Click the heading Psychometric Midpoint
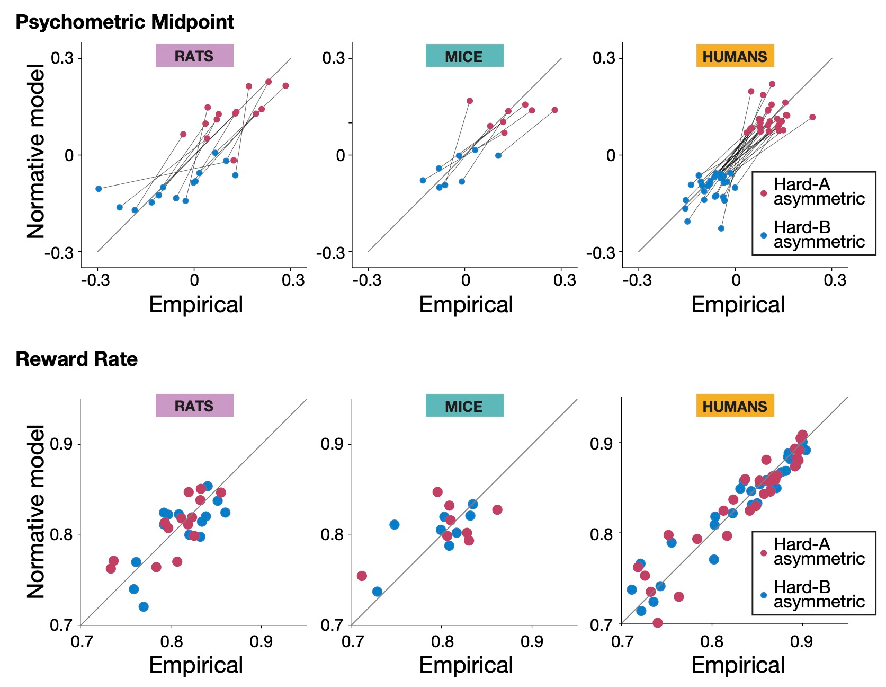(124, 22)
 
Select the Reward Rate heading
(77, 359)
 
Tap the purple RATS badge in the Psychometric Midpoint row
(194, 56)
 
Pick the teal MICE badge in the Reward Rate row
(464, 406)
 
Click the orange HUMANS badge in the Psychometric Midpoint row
(735, 56)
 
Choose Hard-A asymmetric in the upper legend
(819, 192)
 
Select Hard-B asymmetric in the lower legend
(819, 595)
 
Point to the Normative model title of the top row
(36, 152)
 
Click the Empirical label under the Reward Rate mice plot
(466, 665)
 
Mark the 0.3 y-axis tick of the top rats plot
(62, 58)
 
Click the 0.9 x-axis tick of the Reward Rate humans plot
(801, 641)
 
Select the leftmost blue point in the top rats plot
(99, 189)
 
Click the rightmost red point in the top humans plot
(812, 117)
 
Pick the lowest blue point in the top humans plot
(721, 228)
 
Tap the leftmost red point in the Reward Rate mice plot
(362, 576)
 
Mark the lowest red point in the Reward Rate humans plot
(657, 622)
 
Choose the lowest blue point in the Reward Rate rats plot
(144, 606)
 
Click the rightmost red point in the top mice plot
(554, 110)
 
